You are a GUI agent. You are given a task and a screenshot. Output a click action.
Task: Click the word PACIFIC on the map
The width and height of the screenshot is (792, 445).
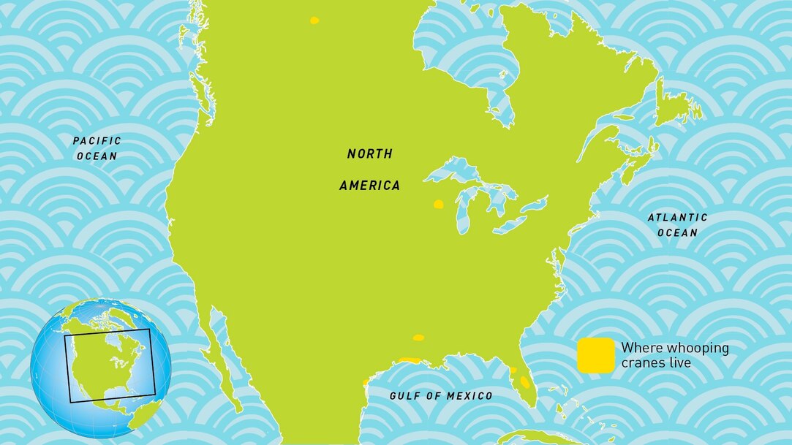point(97,140)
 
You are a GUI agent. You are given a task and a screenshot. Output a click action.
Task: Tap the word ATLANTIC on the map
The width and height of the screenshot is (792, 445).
point(678,217)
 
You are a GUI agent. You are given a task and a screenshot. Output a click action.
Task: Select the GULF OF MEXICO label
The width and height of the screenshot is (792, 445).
point(440,396)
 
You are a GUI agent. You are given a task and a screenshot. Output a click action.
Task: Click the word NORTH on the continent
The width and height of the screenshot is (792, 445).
point(369,154)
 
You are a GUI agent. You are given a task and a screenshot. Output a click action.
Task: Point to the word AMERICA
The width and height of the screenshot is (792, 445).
point(369,186)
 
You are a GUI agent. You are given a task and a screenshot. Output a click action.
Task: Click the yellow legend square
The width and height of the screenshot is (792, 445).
point(595,355)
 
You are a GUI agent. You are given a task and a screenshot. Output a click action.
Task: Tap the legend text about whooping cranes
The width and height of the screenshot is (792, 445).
point(674,355)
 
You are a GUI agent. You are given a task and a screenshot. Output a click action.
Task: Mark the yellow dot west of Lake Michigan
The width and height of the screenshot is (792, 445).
point(438,205)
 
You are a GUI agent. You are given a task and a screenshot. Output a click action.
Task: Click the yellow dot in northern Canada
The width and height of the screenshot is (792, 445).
point(314,20)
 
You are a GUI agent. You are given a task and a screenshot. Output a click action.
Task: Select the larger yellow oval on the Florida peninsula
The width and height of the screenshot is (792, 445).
point(524,382)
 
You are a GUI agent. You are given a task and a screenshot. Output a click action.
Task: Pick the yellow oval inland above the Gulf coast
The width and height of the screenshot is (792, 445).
point(418,338)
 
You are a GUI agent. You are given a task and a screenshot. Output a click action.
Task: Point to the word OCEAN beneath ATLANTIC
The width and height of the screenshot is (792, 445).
point(676,233)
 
